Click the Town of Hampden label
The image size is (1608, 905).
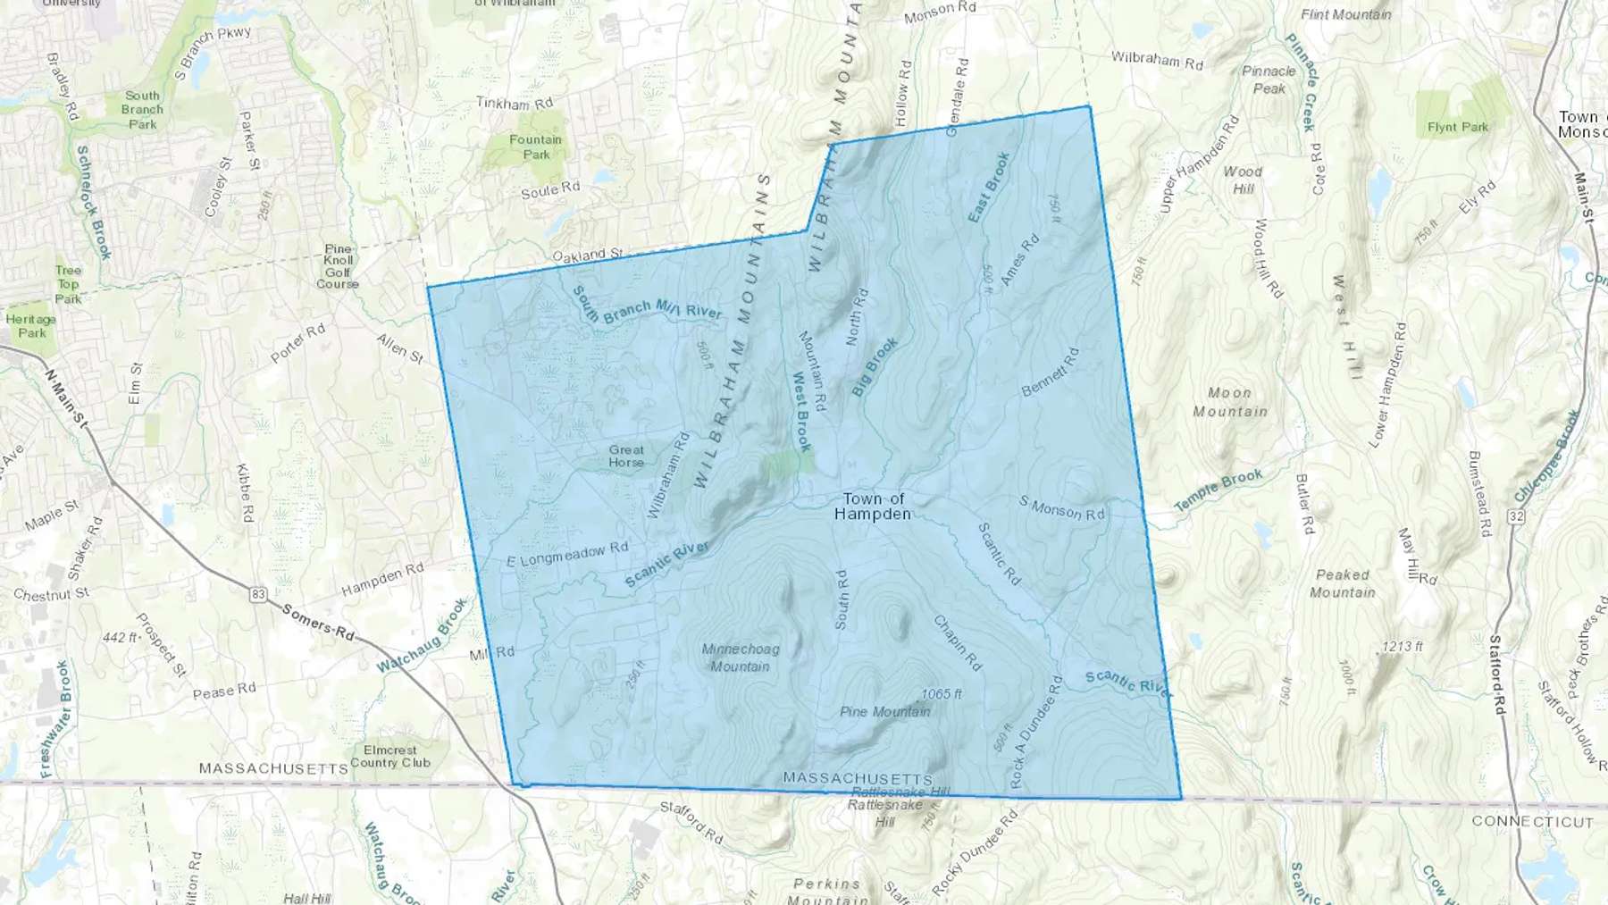pos(873,507)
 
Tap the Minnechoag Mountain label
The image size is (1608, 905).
pos(741,658)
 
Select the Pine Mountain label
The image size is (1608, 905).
pos(884,712)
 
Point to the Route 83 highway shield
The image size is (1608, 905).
pos(259,594)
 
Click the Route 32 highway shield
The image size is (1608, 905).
pos(1516,516)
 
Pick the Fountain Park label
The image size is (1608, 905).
pos(536,147)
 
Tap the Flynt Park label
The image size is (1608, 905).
pos(1458,127)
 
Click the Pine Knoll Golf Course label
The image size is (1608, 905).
pos(338,266)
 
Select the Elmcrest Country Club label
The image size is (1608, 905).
pos(390,757)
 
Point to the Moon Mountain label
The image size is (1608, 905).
pos(1230,402)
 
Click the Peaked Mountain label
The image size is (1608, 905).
pos(1342,583)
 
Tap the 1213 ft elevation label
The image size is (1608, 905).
pos(1402,646)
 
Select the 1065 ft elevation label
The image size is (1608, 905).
pos(942,694)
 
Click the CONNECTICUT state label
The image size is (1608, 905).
pos(1532,821)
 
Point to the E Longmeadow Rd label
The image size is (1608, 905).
pos(567,555)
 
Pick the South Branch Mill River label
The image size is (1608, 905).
pos(647,306)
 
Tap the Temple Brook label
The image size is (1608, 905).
pos(1219,490)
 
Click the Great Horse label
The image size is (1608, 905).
pos(626,456)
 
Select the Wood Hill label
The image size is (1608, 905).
pos(1243,180)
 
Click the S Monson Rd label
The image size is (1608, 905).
pos(1061,507)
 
